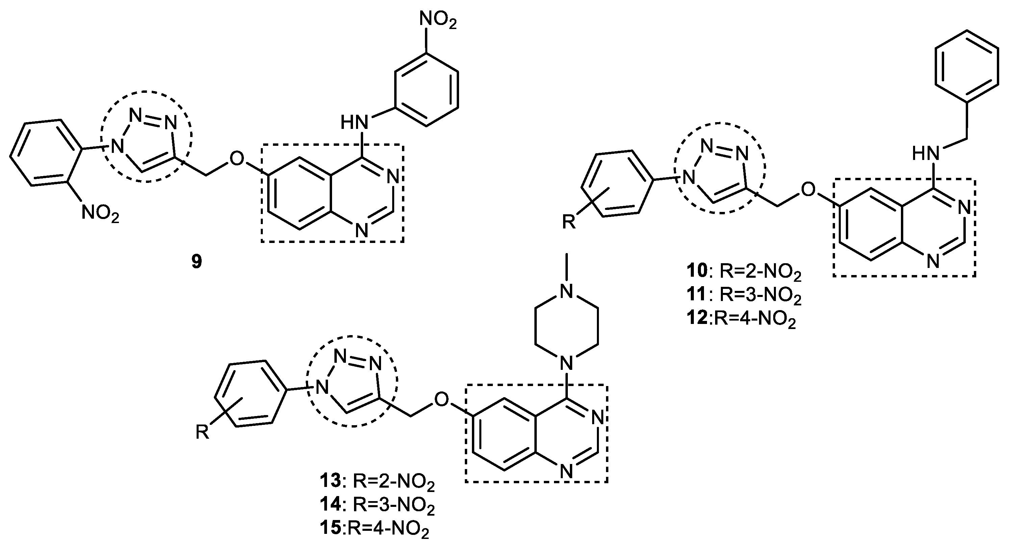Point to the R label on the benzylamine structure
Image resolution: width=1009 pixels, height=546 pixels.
click(x=569, y=222)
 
